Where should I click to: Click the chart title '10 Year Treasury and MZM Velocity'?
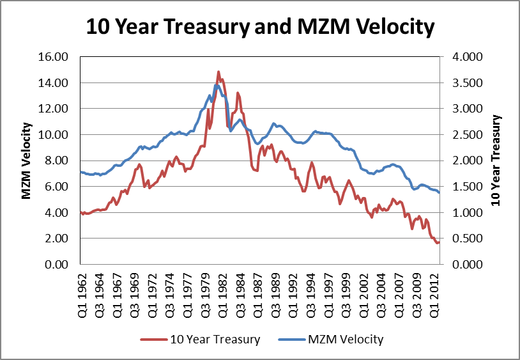pyautogui.click(x=260, y=27)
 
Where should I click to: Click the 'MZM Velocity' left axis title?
pyautogui.click(x=27, y=160)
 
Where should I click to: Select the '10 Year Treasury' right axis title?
pyautogui.click(x=498, y=160)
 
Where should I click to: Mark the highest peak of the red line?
pyautogui.click(x=218, y=72)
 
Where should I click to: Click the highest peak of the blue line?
pyautogui.click(x=217, y=85)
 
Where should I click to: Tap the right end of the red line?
pyautogui.click(x=439, y=242)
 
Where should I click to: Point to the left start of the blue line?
pyautogui.click(x=80, y=172)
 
